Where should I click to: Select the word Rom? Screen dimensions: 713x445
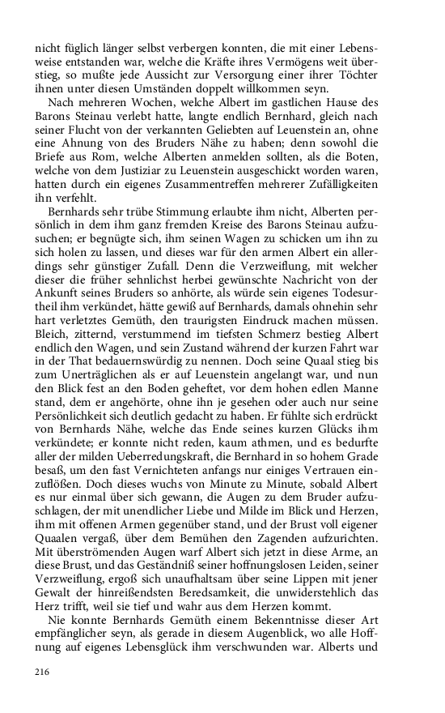(x=112, y=163)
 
